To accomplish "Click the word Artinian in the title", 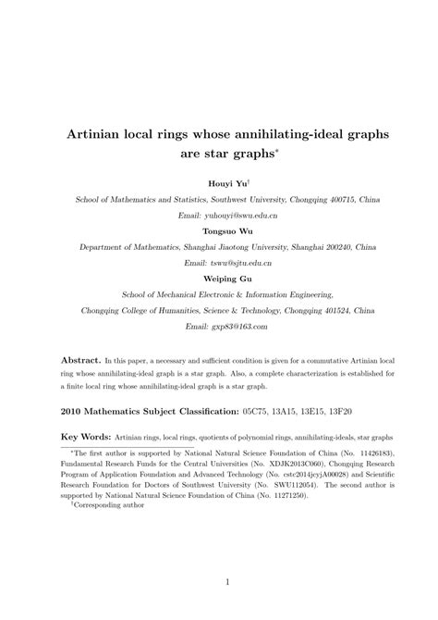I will point(100,132).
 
